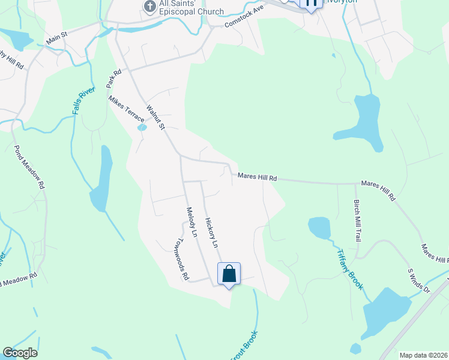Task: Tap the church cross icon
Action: coord(148,7)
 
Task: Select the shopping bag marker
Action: coord(229,274)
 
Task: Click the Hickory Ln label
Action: coord(211,233)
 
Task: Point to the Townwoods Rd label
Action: coord(179,259)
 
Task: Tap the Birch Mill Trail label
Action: coord(357,220)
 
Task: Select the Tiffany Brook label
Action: coord(349,269)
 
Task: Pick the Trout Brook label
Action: coord(244,346)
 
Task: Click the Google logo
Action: coord(20,353)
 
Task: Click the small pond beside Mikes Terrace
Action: coord(142,127)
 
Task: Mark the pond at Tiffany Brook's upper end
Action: coord(319,227)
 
